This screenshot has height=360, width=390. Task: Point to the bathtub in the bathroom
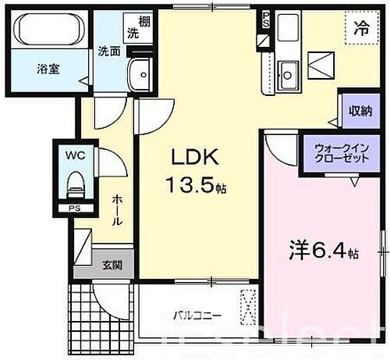49,33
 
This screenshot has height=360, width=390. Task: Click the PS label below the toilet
73,209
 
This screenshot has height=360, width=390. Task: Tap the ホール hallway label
116,209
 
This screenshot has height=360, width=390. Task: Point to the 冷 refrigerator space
361,30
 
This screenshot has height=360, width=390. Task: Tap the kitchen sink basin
287,76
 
